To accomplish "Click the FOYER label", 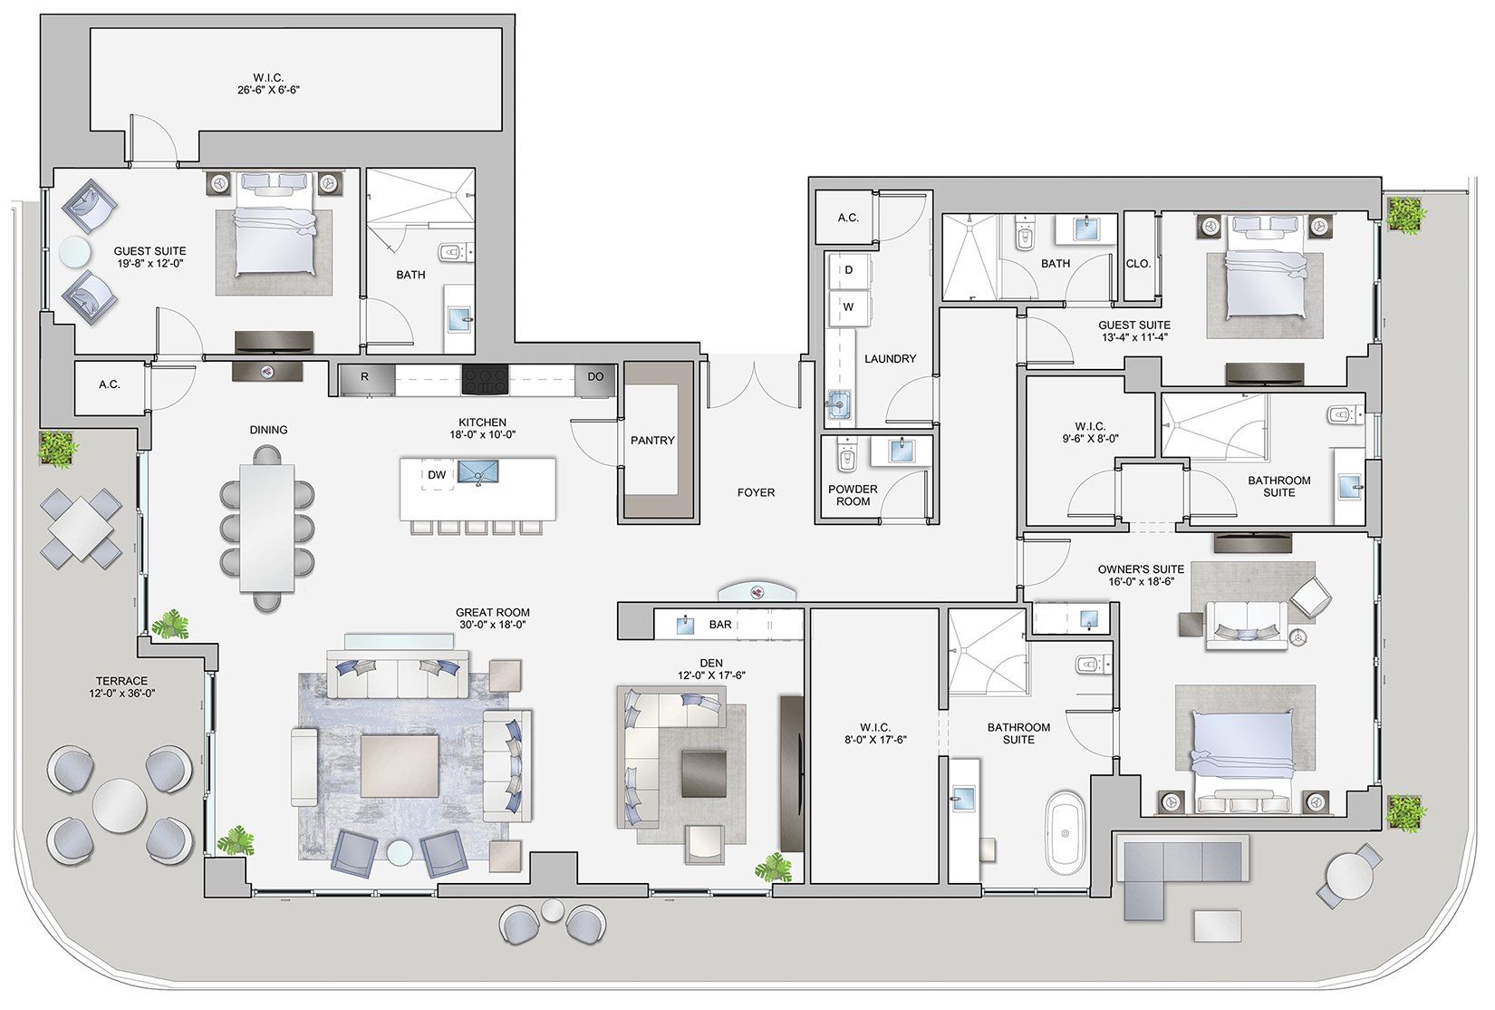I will pyautogui.click(x=756, y=492).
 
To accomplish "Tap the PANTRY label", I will pyautogui.click(x=652, y=441).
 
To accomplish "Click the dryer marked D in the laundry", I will pyautogui.click(x=848, y=270).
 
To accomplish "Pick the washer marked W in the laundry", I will pyautogui.click(x=848, y=307).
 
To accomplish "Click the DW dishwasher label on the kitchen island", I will pyautogui.click(x=437, y=474).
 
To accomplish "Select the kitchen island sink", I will pyautogui.click(x=478, y=472).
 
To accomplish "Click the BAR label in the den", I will pyautogui.click(x=720, y=625).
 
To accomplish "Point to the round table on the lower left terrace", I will pyautogui.click(x=119, y=801).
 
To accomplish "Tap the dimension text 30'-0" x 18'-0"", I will pyautogui.click(x=492, y=625).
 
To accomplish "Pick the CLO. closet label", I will pyautogui.click(x=1138, y=264).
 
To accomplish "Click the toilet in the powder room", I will pyautogui.click(x=845, y=458).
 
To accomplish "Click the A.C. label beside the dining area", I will pyautogui.click(x=109, y=384).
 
